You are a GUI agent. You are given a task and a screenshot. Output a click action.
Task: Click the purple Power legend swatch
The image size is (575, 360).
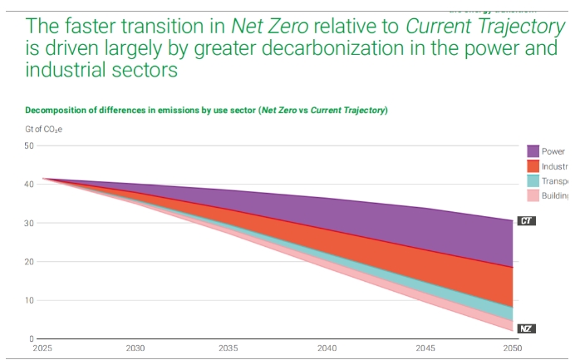534,151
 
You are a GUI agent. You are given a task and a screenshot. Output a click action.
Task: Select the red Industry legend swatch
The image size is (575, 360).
534,166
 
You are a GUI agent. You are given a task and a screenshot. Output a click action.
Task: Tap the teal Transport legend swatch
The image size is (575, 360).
534,181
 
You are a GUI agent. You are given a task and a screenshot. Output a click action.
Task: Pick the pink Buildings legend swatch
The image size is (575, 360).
534,195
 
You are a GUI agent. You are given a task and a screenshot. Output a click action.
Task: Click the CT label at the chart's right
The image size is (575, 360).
525,221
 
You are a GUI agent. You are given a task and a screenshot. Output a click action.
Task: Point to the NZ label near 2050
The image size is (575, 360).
525,328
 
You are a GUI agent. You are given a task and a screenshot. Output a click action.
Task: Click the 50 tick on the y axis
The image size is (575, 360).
28,145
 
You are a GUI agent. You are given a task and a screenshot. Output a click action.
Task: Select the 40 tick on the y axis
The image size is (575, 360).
28,185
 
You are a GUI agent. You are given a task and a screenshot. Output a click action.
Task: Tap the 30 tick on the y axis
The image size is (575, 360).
28,223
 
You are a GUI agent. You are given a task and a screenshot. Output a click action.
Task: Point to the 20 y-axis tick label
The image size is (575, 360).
28,262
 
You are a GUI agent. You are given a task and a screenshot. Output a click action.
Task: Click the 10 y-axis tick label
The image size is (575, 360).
28,300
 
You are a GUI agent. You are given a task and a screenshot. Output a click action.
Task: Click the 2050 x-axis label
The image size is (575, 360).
512,349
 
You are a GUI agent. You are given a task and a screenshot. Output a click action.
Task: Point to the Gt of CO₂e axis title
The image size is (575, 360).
43,128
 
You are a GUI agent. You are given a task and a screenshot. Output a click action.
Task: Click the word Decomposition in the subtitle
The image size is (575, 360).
58,110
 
